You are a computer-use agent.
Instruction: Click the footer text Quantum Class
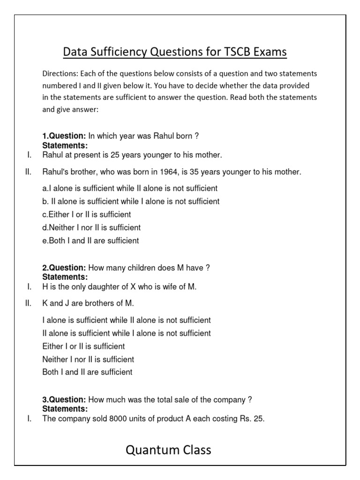(168, 450)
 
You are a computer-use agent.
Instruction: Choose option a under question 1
(130, 188)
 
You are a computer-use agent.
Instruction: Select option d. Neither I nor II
(91, 228)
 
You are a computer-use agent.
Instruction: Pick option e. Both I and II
(90, 241)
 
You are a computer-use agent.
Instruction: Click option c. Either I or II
(87, 215)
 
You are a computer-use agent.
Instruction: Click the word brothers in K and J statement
(99, 303)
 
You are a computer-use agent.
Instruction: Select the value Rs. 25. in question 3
(252, 419)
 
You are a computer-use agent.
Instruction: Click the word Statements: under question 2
(65, 277)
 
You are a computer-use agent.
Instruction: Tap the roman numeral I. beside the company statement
(29, 419)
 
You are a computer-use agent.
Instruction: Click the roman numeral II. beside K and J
(28, 303)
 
